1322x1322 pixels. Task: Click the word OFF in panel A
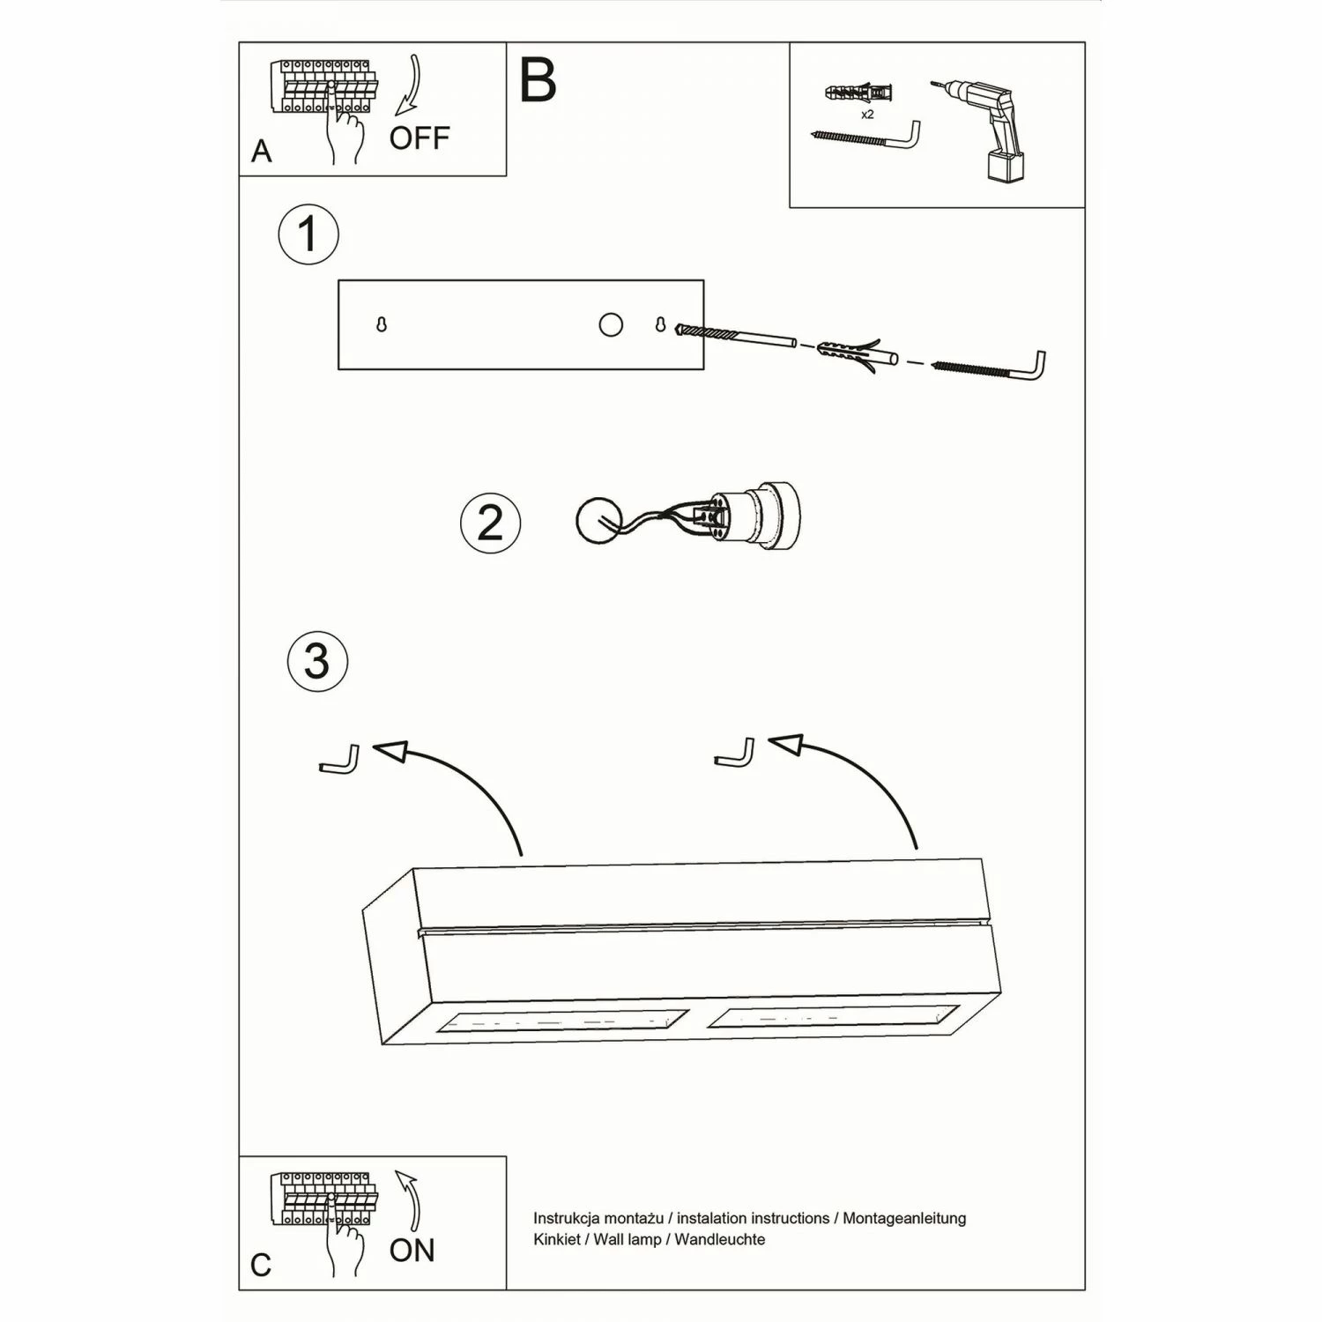(420, 137)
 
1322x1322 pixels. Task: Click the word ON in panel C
(412, 1250)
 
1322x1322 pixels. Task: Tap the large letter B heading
(538, 80)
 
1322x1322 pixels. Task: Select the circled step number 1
(308, 234)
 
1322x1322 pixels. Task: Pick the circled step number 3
(317, 661)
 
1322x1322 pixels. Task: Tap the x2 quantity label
(867, 115)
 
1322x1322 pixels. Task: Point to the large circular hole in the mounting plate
(610, 325)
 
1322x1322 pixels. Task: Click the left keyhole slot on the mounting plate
(382, 325)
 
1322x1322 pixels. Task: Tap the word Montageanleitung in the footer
(904, 1218)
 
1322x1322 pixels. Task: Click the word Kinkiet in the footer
(557, 1239)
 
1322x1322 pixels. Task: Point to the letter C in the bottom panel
(261, 1265)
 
